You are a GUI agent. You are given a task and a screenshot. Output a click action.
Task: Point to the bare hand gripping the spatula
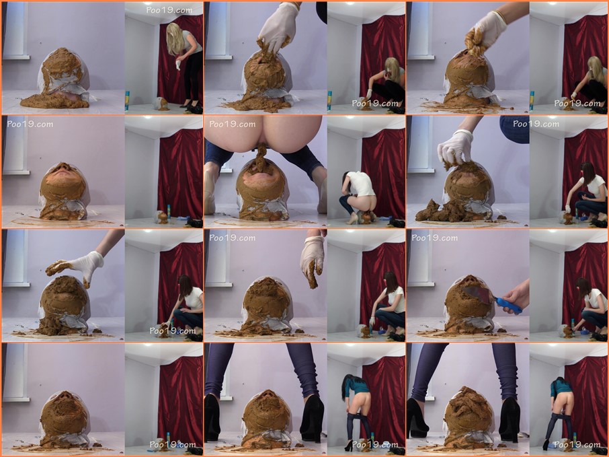click(x=516, y=294)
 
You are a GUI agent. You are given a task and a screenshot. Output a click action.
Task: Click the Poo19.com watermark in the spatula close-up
click(x=435, y=238)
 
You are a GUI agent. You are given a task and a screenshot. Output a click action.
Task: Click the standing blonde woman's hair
click(x=175, y=39)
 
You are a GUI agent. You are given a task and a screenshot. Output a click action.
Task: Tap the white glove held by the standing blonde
click(x=178, y=65)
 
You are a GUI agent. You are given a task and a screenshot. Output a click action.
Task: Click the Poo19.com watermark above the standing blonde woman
click(x=169, y=10)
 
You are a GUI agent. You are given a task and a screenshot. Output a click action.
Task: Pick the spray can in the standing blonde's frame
click(x=127, y=101)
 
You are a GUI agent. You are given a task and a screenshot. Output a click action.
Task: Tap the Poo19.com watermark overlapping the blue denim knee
click(x=536, y=124)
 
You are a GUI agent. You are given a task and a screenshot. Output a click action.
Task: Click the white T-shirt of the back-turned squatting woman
click(x=361, y=184)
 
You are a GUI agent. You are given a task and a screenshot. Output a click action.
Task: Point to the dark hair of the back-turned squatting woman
click(x=346, y=184)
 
